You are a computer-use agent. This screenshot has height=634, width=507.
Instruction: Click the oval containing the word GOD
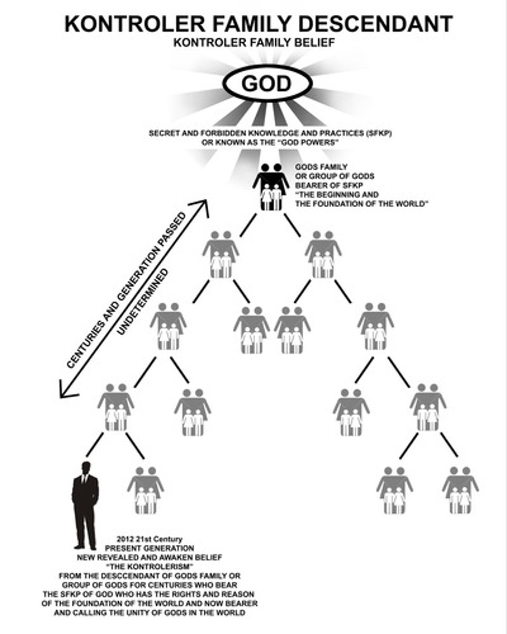[x=267, y=83]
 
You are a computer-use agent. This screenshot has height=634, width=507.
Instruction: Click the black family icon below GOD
[x=270, y=186]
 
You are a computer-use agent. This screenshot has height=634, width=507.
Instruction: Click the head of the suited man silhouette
[x=85, y=468]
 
